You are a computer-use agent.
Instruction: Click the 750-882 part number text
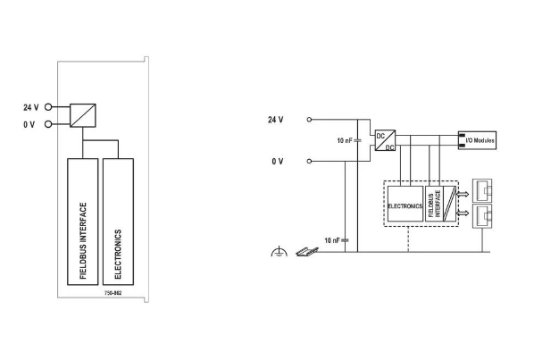tap(113, 293)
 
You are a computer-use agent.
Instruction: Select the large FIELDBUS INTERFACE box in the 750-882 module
tap(83, 222)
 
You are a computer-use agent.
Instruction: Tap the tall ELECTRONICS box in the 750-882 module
tap(118, 222)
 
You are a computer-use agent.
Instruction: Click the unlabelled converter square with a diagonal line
tap(83, 115)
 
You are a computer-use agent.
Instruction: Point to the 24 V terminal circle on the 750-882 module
tap(48, 107)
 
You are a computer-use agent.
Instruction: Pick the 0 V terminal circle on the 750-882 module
tap(48, 124)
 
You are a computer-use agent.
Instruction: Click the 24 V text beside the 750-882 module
tap(31, 107)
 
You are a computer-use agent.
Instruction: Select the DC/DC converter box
tap(385, 140)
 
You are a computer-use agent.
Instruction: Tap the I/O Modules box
tap(477, 140)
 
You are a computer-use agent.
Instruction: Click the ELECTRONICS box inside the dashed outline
tap(405, 204)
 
